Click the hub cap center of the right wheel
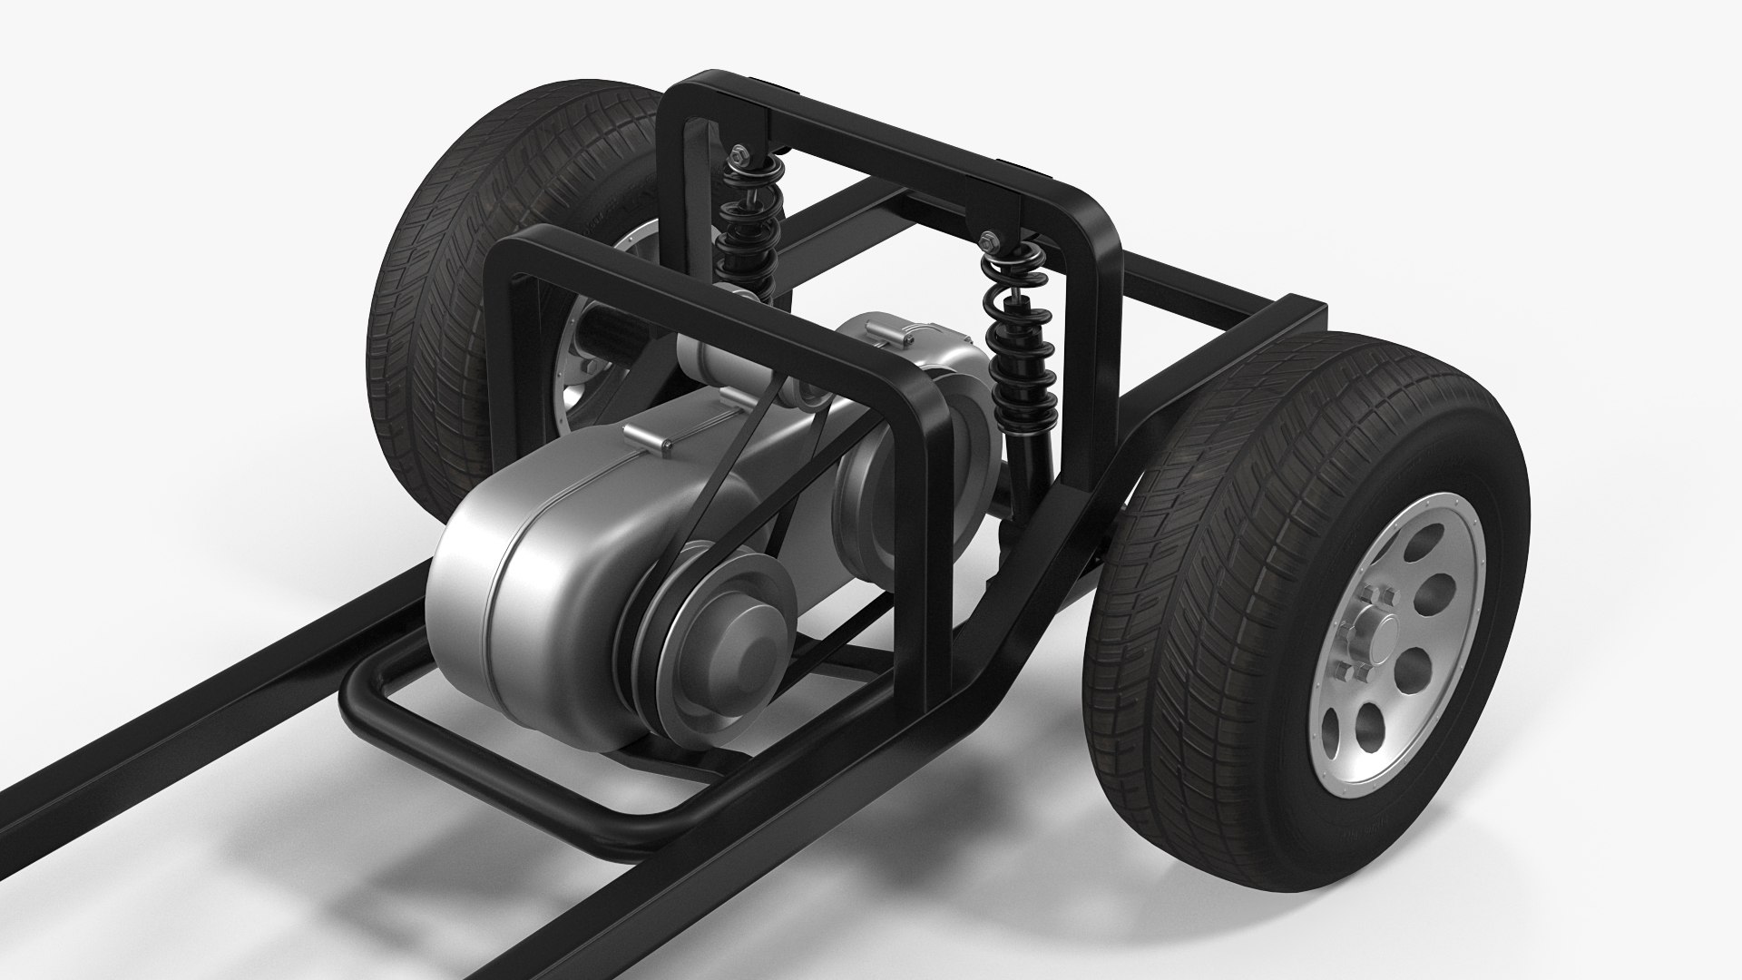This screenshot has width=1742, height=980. click(x=1371, y=621)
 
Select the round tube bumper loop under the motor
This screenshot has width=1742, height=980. click(x=508, y=771)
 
